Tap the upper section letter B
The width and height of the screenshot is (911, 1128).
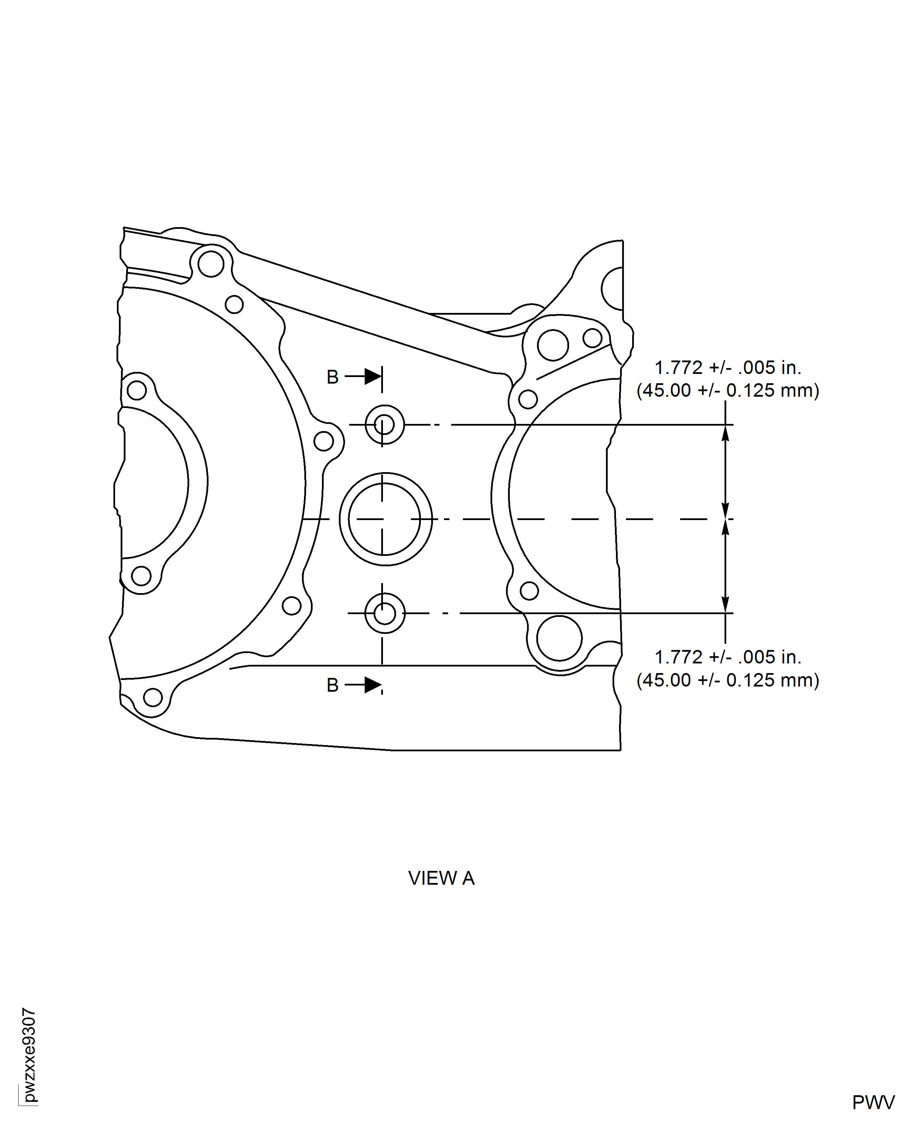click(332, 377)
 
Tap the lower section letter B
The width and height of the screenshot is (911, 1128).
click(332, 685)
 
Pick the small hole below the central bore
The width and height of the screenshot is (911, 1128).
click(385, 613)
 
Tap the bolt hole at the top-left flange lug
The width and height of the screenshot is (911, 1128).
click(211, 264)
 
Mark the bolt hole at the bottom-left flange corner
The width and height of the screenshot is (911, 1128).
click(153, 697)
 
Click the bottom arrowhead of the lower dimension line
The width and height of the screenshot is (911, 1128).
click(725, 605)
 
